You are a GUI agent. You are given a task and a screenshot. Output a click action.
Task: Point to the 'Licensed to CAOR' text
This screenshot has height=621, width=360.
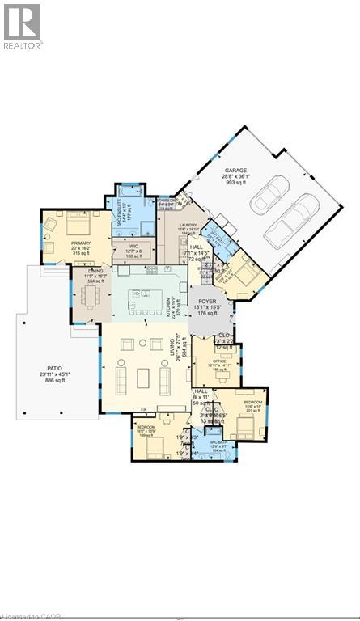click(29, 615)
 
